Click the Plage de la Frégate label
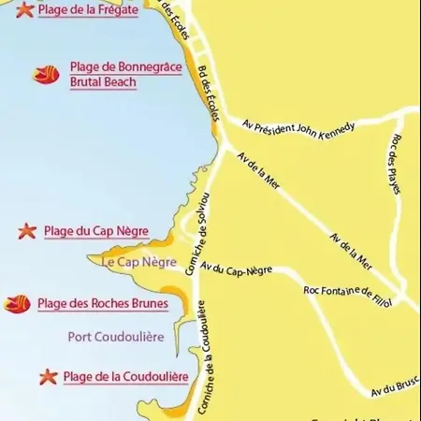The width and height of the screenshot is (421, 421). tap(88, 10)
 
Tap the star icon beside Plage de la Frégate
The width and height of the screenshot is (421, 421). tap(23, 10)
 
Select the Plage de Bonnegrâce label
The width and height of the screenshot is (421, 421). tap(125, 67)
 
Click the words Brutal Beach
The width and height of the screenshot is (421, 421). tap(103, 82)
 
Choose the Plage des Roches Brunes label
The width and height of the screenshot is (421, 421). tap(104, 303)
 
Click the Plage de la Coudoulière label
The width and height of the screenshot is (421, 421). tap(125, 377)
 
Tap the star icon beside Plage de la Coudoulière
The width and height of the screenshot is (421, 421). tap(49, 377)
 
